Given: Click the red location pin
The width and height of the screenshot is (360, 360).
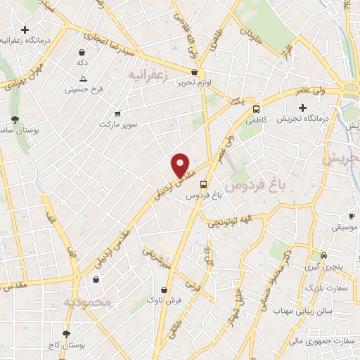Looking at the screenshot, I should pyautogui.click(x=181, y=165).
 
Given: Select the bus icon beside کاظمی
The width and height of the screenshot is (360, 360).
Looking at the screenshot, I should pyautogui.click(x=256, y=109).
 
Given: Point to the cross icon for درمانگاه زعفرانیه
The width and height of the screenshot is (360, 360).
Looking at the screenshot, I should pyautogui.click(x=25, y=30).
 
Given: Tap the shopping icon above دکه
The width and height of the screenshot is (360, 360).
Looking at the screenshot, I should pyautogui.click(x=82, y=52).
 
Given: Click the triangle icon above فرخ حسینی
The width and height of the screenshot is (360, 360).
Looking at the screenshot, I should pyautogui.click(x=83, y=79).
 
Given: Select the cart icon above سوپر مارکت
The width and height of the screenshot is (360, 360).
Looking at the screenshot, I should pyautogui.click(x=117, y=112).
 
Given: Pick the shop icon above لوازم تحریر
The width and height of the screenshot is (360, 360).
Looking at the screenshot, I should pyautogui.click(x=194, y=71).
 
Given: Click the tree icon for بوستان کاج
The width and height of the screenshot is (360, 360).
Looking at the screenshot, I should pyautogui.click(x=67, y=335).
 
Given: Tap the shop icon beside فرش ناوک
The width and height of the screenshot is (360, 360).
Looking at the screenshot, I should pyautogui.click(x=164, y=289).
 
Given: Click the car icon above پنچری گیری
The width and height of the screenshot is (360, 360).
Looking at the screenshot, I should pyautogui.click(x=323, y=255).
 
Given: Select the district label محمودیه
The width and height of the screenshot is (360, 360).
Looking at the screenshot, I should pyautogui.click(x=88, y=302).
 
